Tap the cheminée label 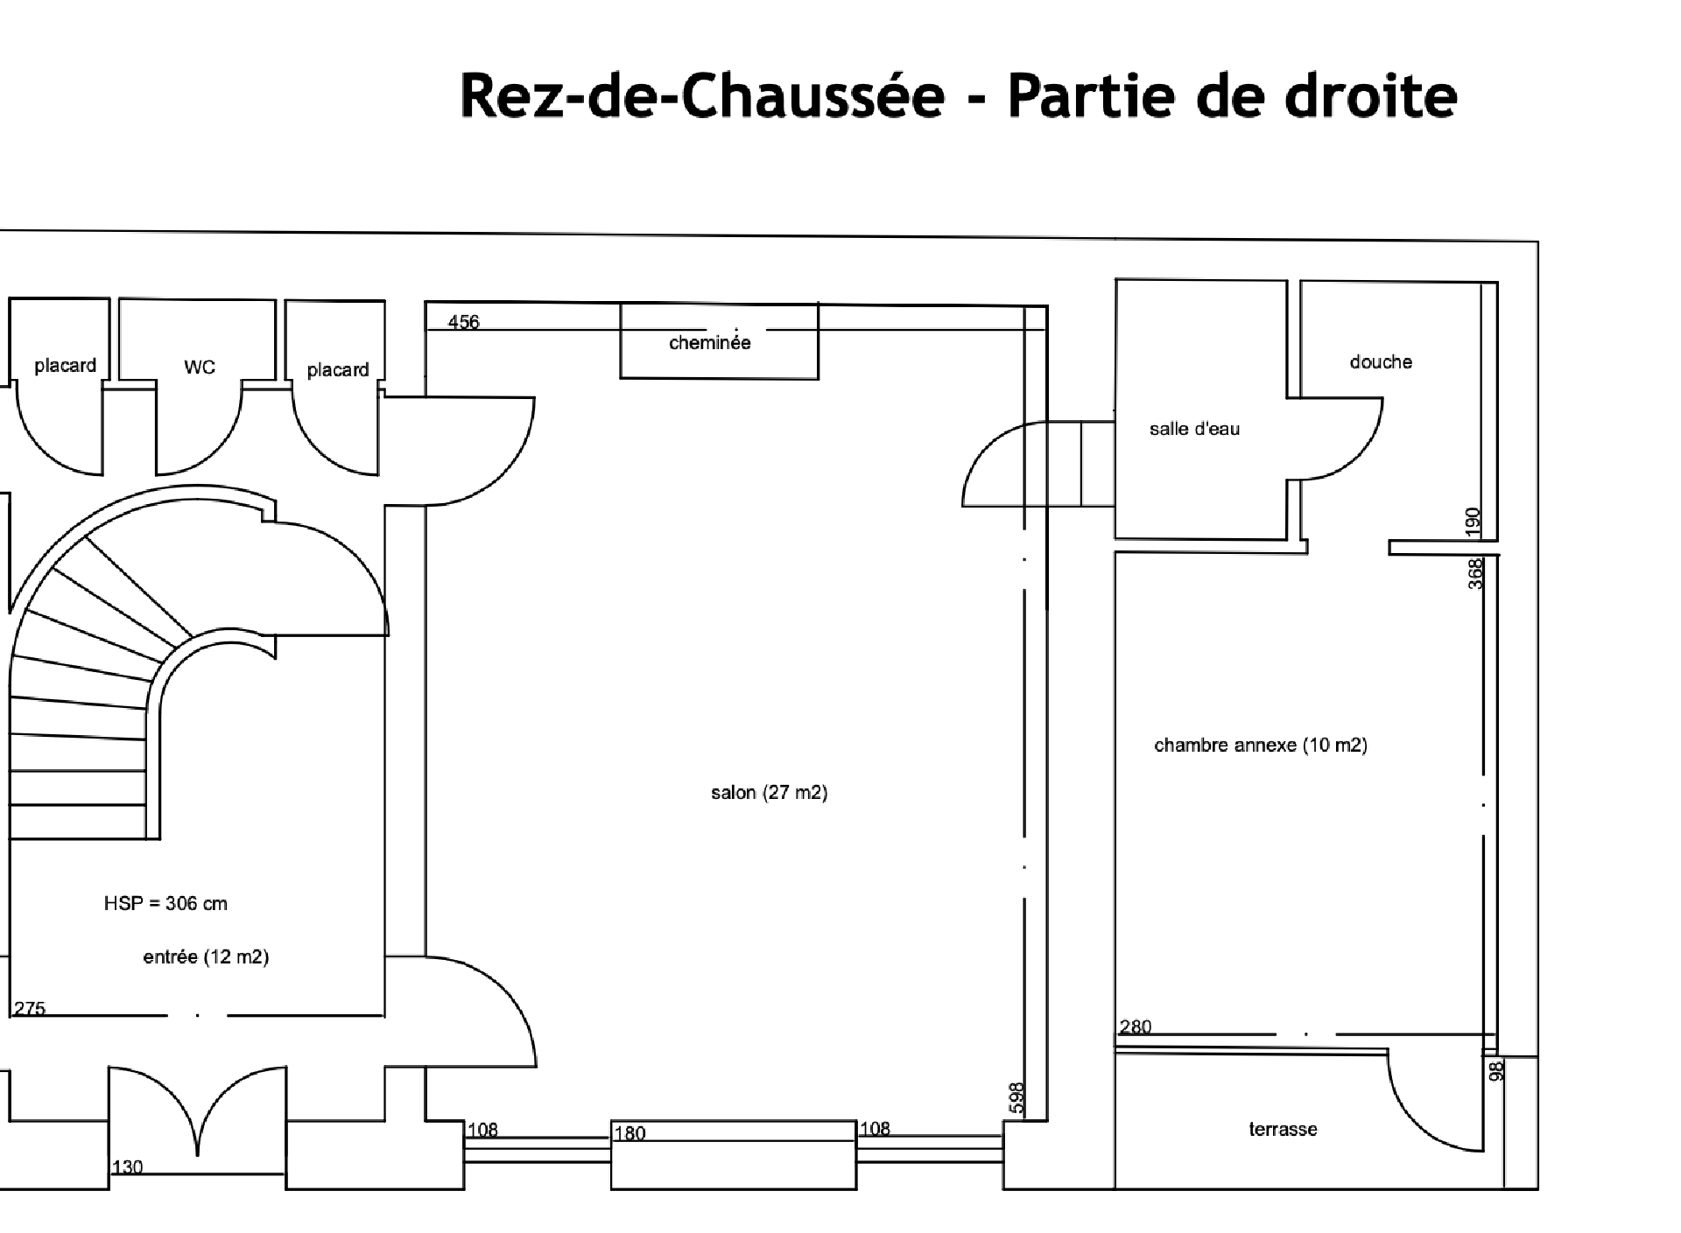(709, 343)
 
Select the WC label (200, 368)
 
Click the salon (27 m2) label (769, 793)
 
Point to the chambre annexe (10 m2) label (1261, 746)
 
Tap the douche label (1381, 362)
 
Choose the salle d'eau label (1194, 429)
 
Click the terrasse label (1283, 1130)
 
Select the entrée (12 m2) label (206, 957)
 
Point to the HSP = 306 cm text (165, 904)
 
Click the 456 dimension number (463, 322)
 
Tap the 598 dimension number (1016, 1097)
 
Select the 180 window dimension (629, 1134)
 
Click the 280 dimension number (1136, 1027)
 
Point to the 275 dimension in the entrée (30, 1009)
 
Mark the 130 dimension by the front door (127, 1167)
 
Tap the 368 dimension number (1475, 574)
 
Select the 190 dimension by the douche (1473, 522)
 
